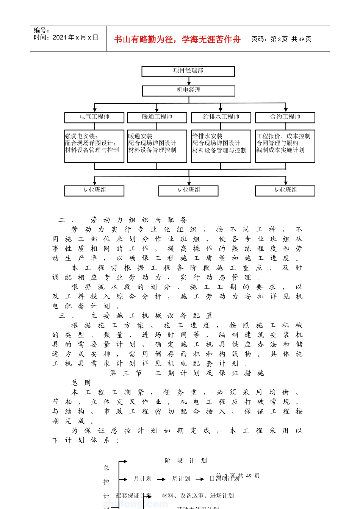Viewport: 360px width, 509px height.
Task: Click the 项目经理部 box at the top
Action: point(188,71)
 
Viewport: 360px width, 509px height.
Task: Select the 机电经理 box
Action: point(188,91)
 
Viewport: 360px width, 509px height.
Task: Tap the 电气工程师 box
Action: point(94,117)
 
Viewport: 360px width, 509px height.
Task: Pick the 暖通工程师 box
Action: point(157,117)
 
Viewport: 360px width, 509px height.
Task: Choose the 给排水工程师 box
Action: point(221,117)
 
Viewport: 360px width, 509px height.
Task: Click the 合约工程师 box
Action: point(285,117)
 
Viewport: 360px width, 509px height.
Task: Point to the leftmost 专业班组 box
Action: point(94,190)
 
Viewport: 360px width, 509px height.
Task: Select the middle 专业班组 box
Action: point(188,190)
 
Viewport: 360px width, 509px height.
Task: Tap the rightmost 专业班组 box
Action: point(285,190)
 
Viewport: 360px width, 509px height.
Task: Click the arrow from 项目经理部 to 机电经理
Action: point(189,81)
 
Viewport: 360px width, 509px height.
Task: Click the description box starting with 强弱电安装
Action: point(94,146)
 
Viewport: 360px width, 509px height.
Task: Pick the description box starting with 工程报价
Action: point(285,146)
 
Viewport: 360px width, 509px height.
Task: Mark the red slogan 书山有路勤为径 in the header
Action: point(177,39)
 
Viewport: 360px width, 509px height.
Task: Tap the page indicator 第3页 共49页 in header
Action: point(281,39)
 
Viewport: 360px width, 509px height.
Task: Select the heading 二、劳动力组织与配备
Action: point(123,220)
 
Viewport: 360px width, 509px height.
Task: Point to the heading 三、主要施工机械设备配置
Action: point(136,315)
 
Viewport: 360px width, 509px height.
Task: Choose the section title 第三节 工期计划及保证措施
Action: point(187,373)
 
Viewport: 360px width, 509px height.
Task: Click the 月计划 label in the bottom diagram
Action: point(142,479)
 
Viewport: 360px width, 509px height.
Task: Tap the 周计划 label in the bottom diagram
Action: point(181,479)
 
